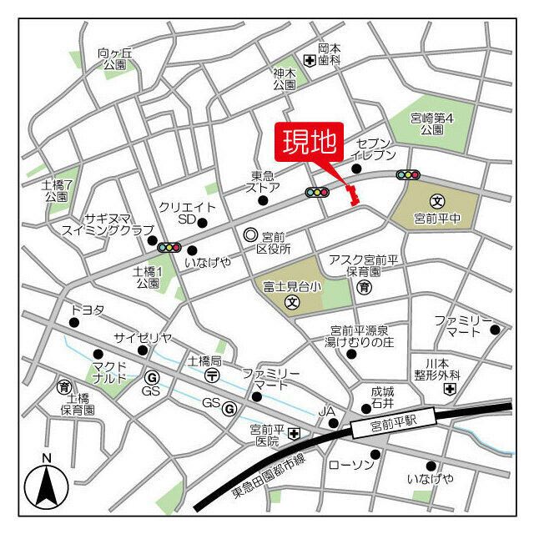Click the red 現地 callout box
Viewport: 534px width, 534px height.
[x=308, y=144]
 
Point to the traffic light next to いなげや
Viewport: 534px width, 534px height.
[x=169, y=247]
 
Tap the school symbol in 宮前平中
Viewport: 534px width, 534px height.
[x=437, y=201]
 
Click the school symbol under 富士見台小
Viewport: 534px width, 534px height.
[x=292, y=302]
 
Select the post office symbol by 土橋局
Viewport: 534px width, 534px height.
[x=212, y=375]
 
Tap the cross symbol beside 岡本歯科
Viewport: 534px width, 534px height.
[x=309, y=60]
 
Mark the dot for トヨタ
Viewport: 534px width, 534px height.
[x=74, y=322]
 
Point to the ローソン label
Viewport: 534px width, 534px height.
[x=350, y=464]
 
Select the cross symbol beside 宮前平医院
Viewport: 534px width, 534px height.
[x=294, y=434]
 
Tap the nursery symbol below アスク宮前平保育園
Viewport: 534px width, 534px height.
[x=364, y=288]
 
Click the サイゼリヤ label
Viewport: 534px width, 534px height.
[x=144, y=337]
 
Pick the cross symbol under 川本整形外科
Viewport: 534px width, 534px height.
[x=451, y=389]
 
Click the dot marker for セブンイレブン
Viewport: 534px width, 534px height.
[x=356, y=169]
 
